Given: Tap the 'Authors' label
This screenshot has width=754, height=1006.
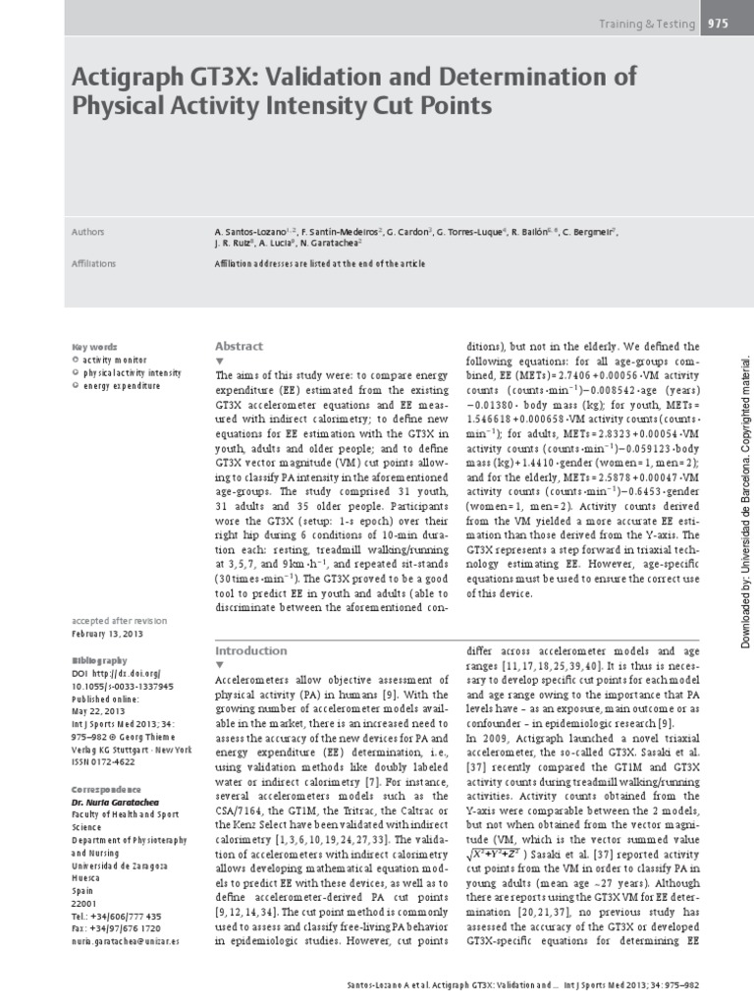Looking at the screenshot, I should tap(89, 232).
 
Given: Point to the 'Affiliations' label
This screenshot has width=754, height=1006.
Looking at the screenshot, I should tap(94, 263).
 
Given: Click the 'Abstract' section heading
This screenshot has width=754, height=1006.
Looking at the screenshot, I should tap(239, 346).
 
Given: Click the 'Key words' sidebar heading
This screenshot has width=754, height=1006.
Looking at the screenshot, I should tap(94, 346).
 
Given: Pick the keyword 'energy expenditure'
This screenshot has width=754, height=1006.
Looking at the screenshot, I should tap(122, 387).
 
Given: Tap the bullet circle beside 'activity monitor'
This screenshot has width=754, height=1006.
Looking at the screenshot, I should tap(77, 361).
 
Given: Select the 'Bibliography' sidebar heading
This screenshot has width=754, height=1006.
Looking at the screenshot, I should tap(99, 633).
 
